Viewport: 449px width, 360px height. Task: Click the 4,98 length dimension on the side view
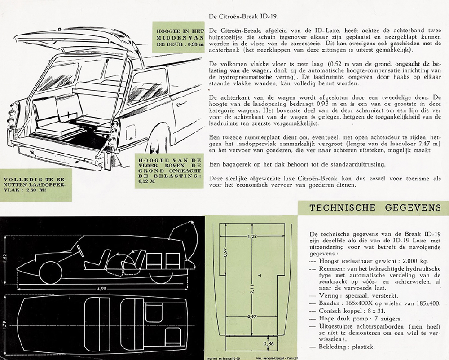pos(105,288)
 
